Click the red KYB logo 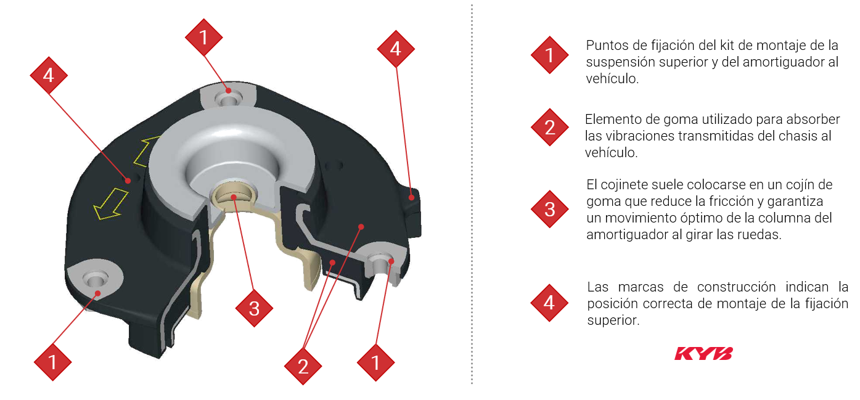coord(703,354)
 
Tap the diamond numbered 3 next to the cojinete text coord(550,209)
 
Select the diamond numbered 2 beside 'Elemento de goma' coord(550,127)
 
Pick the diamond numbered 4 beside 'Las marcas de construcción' coord(549,303)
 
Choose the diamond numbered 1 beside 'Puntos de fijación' coord(550,55)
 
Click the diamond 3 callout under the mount coord(254,308)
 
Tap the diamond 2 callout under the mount coord(303,366)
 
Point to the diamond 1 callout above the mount coord(203,38)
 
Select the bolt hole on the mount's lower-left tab coord(95,279)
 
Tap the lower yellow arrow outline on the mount coord(110,204)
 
